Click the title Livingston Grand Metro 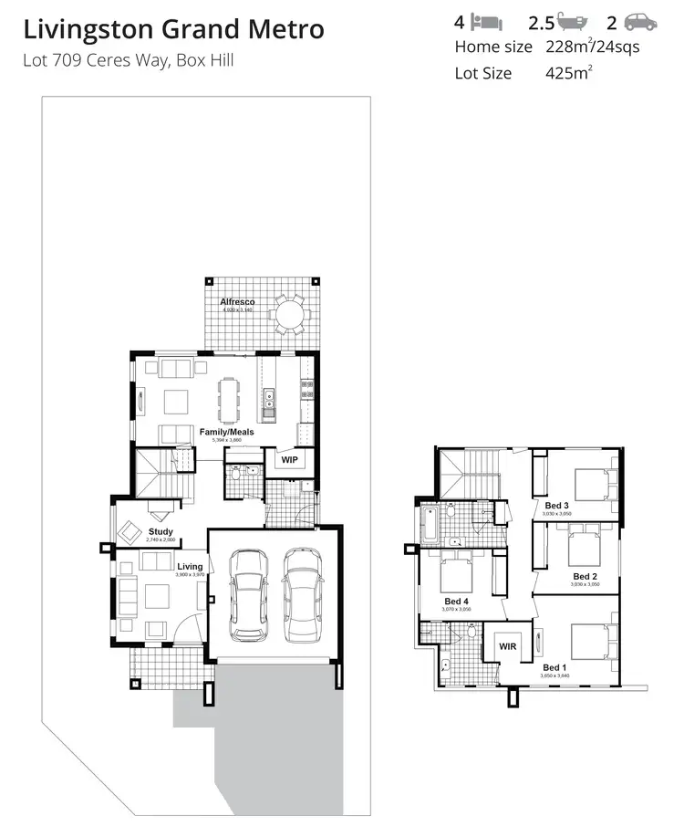(x=173, y=29)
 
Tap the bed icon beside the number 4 (x=490, y=22)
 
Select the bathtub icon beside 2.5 (x=572, y=22)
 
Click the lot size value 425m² (x=565, y=73)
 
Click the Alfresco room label (x=237, y=301)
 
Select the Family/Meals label (x=227, y=432)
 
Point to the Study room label (x=161, y=531)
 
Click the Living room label (x=190, y=567)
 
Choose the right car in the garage (x=302, y=595)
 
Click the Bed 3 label (x=557, y=506)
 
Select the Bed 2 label (x=585, y=576)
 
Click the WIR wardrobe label (x=508, y=646)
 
